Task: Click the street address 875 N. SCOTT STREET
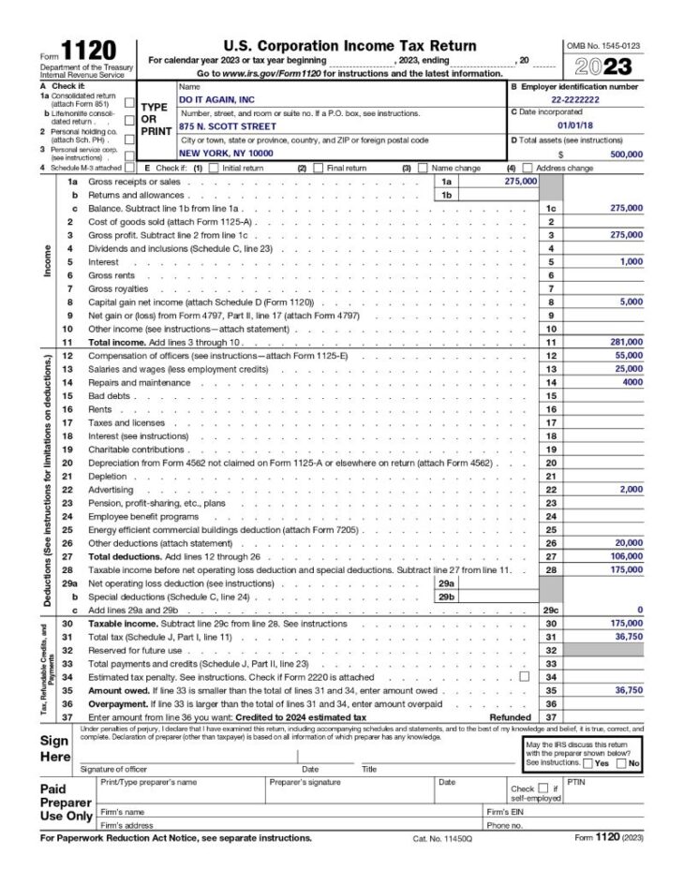(x=228, y=125)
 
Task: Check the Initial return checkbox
(x=214, y=169)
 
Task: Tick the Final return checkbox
(x=319, y=169)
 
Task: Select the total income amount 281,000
(x=624, y=343)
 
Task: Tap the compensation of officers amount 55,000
(x=626, y=356)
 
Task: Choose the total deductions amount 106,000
(x=624, y=556)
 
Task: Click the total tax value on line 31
(x=626, y=636)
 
